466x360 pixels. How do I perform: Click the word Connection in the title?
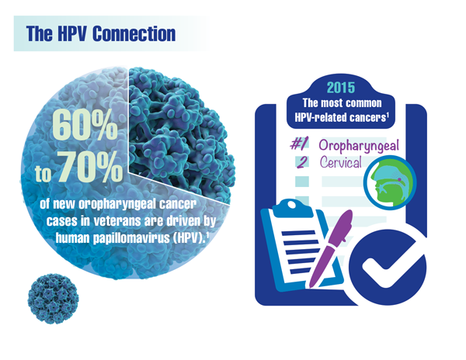pos(134,34)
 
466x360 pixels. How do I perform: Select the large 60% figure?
pos(85,124)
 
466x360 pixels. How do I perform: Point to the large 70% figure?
pos(90,166)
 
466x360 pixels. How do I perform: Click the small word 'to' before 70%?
pos(43,174)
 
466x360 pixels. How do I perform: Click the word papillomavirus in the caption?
pos(131,238)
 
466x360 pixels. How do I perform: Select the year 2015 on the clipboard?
pos(341,88)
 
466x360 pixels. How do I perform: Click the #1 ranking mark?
pos(299,144)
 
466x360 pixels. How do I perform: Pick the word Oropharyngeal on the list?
pos(359,146)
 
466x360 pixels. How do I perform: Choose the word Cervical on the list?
pos(341,162)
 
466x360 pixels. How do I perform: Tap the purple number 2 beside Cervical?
pos(302,162)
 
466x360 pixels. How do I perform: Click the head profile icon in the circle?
pos(390,183)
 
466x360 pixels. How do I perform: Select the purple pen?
pos(330,249)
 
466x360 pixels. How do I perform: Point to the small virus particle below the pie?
pos(53,298)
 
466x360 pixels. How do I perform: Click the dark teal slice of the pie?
pos(179,133)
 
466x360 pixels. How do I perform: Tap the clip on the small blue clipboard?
pos(293,209)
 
